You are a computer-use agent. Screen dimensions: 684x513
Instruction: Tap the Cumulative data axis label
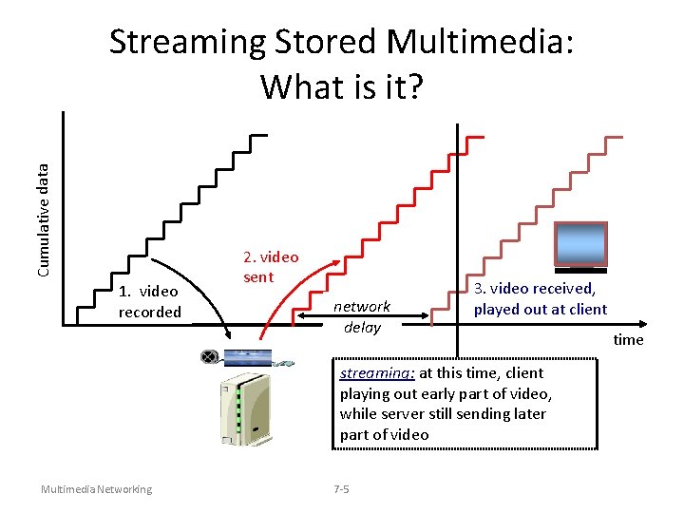pos(44,218)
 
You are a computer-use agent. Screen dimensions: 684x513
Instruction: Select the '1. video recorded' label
pos(149,302)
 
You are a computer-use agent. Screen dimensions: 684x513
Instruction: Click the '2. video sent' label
pos(270,267)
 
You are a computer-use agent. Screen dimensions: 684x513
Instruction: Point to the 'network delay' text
pos(362,316)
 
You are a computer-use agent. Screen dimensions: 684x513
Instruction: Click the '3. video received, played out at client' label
pos(540,298)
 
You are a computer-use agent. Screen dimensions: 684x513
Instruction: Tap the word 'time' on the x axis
pos(628,339)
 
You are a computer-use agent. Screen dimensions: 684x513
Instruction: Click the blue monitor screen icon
pos(580,243)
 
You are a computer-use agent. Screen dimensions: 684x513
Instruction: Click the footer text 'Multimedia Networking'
pos(96,489)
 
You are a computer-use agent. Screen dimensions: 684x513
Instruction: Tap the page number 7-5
pos(341,489)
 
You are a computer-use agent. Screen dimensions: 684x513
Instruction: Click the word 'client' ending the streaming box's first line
pos(525,373)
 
